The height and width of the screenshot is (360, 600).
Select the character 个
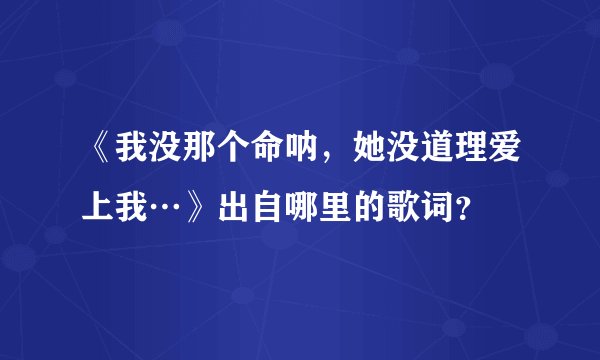click(x=245, y=153)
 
